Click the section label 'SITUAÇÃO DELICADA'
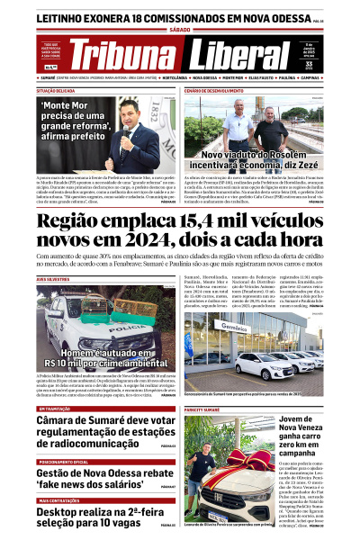pyautogui.click(x=56, y=91)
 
